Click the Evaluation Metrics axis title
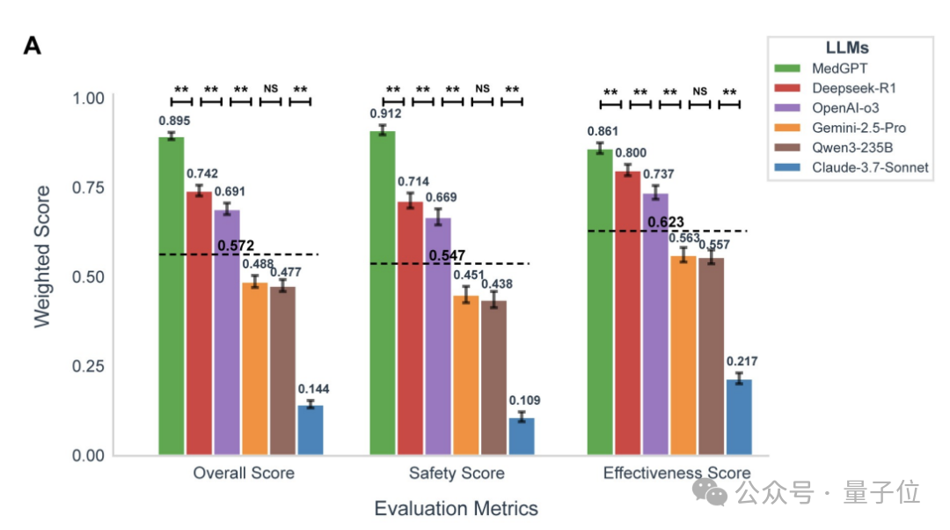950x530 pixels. pos(456,508)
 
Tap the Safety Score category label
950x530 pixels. pos(457,474)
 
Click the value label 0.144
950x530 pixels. pos(313,389)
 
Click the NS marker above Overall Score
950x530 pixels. pos(270,89)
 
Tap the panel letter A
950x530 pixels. pos(33,47)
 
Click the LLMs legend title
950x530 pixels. pos(848,48)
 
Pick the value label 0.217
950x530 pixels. pos(742,362)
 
